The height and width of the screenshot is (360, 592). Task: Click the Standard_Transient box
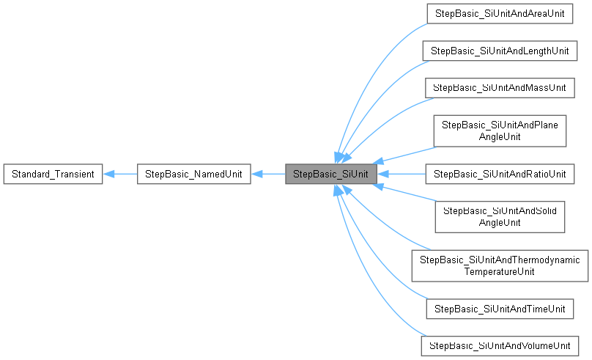tap(52, 174)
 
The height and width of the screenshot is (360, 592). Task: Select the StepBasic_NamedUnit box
tap(194, 174)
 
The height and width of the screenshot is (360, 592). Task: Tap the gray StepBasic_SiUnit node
tap(331, 174)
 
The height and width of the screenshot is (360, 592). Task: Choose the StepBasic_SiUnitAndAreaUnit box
tap(500, 13)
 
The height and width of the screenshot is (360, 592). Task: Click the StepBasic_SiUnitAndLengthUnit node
tap(500, 51)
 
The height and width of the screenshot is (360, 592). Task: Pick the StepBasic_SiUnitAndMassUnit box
tap(500, 87)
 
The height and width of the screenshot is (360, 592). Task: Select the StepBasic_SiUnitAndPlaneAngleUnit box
tap(500, 131)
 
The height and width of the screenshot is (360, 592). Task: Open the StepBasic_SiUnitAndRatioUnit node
tap(500, 174)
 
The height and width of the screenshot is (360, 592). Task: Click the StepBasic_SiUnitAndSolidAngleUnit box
tap(500, 217)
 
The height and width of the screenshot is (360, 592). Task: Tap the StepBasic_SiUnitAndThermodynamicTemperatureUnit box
tap(500, 265)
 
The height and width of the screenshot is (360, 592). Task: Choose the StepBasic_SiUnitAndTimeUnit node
tap(500, 309)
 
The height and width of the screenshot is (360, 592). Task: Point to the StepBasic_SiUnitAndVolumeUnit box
tap(500, 345)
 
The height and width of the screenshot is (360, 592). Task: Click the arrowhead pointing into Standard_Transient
tap(108, 174)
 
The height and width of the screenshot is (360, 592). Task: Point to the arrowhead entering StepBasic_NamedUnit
tap(256, 174)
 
